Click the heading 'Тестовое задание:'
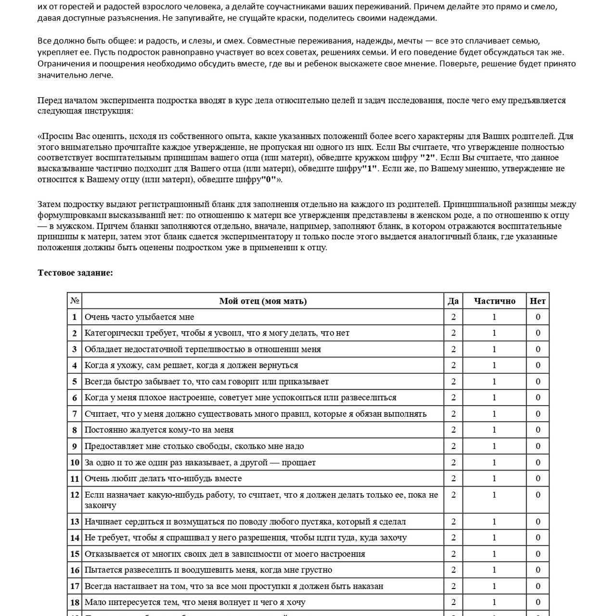tap(75, 273)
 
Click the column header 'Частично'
tap(494, 301)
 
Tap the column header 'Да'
tap(453, 301)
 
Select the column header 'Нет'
tap(538, 301)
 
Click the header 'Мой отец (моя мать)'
tap(263, 301)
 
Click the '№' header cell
tap(75, 301)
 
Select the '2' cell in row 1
tap(453, 317)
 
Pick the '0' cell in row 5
tap(538, 382)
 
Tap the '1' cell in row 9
tap(494, 446)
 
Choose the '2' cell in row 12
tap(453, 495)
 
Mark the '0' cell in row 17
tap(538, 586)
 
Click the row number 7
tap(75, 414)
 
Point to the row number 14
tap(75, 538)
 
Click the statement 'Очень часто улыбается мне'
tap(140, 317)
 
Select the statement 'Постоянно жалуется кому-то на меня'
tap(159, 430)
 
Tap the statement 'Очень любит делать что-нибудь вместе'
tap(163, 479)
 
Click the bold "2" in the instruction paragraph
tap(427, 158)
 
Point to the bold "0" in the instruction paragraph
tap(269, 180)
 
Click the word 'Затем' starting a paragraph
tap(48, 205)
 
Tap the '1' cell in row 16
tap(494, 570)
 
